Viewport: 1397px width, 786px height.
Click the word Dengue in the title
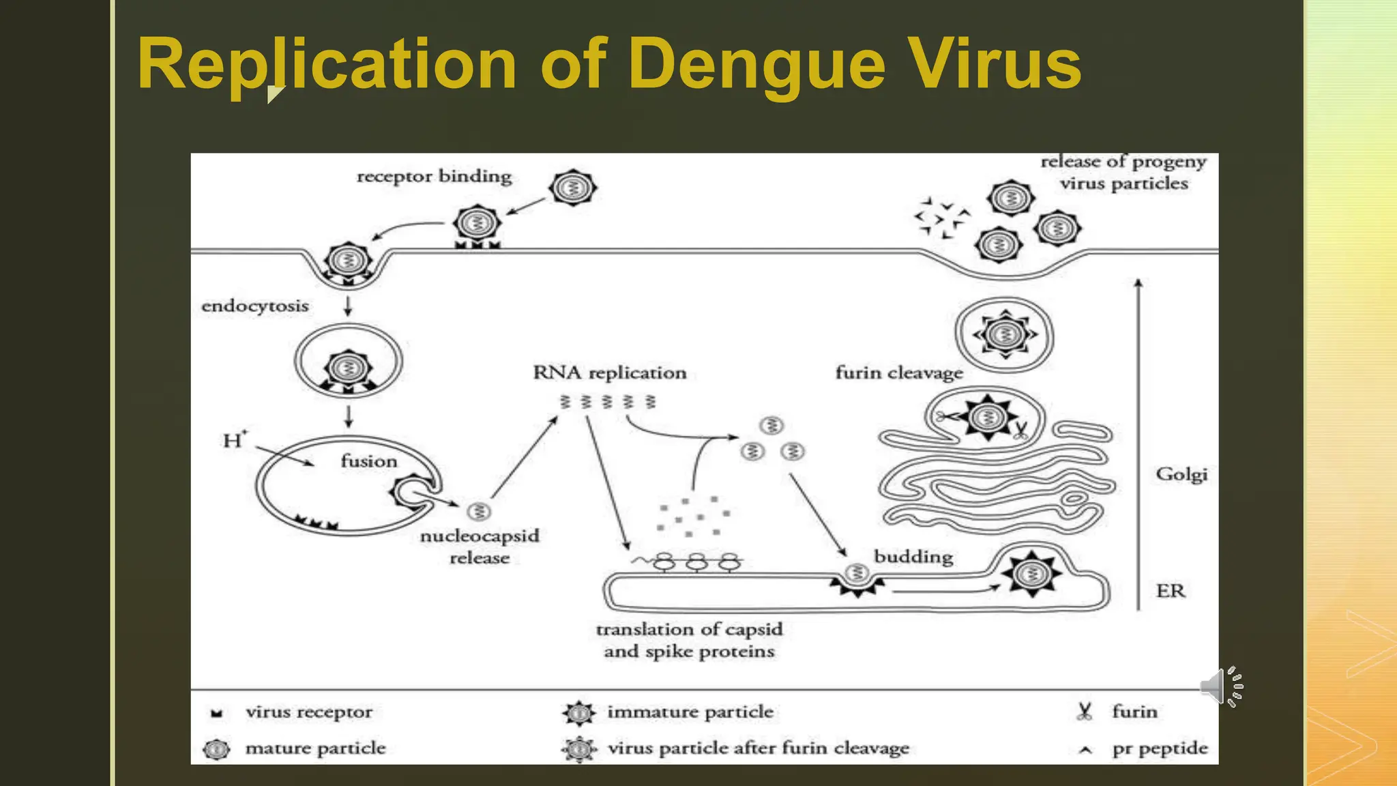tap(761, 65)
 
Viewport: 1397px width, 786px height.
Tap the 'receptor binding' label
tap(434, 176)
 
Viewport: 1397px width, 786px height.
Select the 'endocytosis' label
tap(254, 306)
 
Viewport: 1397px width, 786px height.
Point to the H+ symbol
tap(234, 440)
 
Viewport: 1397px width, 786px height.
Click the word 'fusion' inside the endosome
tap(368, 461)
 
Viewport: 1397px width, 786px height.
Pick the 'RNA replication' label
tap(609, 373)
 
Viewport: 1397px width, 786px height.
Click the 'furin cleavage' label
tap(899, 373)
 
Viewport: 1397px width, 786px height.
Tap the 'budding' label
tap(913, 557)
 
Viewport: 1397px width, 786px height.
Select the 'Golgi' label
tap(1181, 474)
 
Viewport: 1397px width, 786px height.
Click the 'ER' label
tap(1171, 590)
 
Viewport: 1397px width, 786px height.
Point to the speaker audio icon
tap(1220, 686)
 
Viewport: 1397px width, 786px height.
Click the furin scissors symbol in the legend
tap(1084, 712)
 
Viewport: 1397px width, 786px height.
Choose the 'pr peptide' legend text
tap(1160, 748)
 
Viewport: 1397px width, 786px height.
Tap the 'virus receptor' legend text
tap(309, 712)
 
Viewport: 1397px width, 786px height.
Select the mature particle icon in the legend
tap(217, 749)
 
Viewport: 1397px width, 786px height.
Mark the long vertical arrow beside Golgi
tap(1138, 443)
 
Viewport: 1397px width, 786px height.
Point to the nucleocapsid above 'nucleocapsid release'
tap(479, 511)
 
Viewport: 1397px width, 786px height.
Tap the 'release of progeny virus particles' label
tap(1123, 173)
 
